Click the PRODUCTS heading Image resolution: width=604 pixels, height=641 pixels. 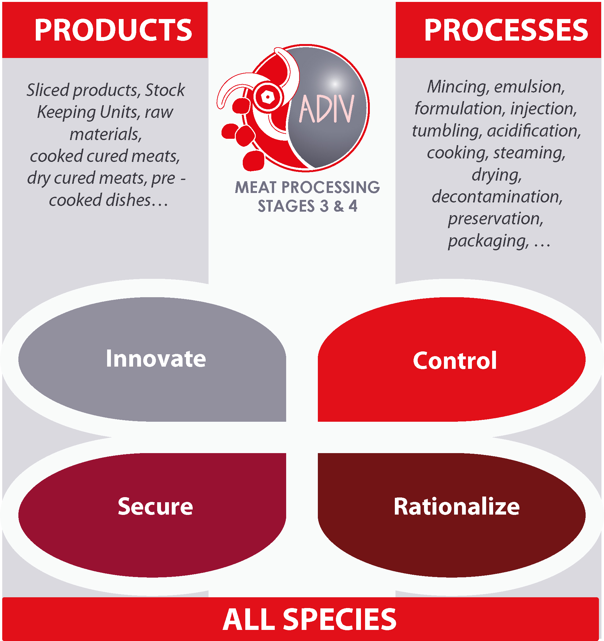click(113, 30)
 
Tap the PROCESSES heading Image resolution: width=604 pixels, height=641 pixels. click(506, 30)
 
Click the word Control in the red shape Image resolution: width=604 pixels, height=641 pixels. click(455, 360)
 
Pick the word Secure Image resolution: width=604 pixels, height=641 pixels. click(155, 506)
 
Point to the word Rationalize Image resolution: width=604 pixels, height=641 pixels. click(457, 506)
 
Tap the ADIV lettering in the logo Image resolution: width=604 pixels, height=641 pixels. click(327, 109)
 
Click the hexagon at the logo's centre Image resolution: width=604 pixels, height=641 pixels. click(267, 96)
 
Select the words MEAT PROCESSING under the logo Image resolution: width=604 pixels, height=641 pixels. click(307, 187)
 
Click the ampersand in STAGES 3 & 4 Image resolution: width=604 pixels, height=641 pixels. click(338, 206)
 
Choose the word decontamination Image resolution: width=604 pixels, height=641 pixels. click(497, 196)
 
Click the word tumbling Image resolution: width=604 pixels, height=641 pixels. click(447, 131)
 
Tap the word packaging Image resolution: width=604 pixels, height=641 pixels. click(488, 241)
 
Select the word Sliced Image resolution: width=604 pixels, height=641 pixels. click(48, 90)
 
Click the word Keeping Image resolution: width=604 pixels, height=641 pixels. click(67, 112)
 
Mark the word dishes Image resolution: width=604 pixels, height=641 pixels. click(128, 200)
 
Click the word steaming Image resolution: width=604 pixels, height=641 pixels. click(530, 153)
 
